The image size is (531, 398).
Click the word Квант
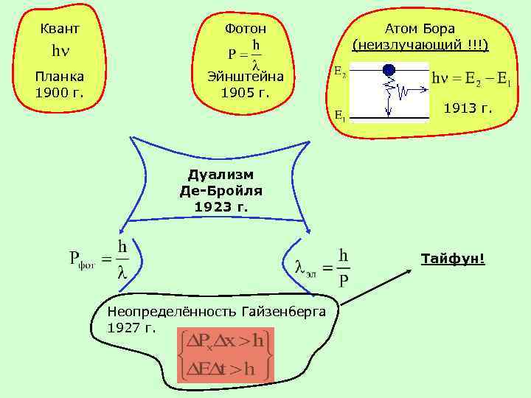pyautogui.click(x=59, y=29)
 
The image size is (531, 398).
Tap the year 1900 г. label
pyautogui.click(x=59, y=93)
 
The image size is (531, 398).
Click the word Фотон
pyautogui.click(x=246, y=29)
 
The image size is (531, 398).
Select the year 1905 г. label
pyautogui.click(x=246, y=93)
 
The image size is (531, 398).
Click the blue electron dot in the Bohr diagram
pyautogui.click(x=389, y=70)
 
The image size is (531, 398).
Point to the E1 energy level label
pyautogui.click(x=340, y=115)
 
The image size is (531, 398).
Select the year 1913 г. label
pyautogui.click(x=468, y=109)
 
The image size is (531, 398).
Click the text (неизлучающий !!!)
pyautogui.click(x=420, y=45)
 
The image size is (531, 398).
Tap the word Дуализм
pyautogui.click(x=221, y=175)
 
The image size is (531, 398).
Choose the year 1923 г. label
pyautogui.click(x=221, y=206)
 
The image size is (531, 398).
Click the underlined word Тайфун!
pyautogui.click(x=453, y=259)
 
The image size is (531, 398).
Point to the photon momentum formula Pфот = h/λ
pyautogui.click(x=100, y=259)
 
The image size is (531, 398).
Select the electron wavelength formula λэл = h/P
pyautogui.click(x=322, y=268)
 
